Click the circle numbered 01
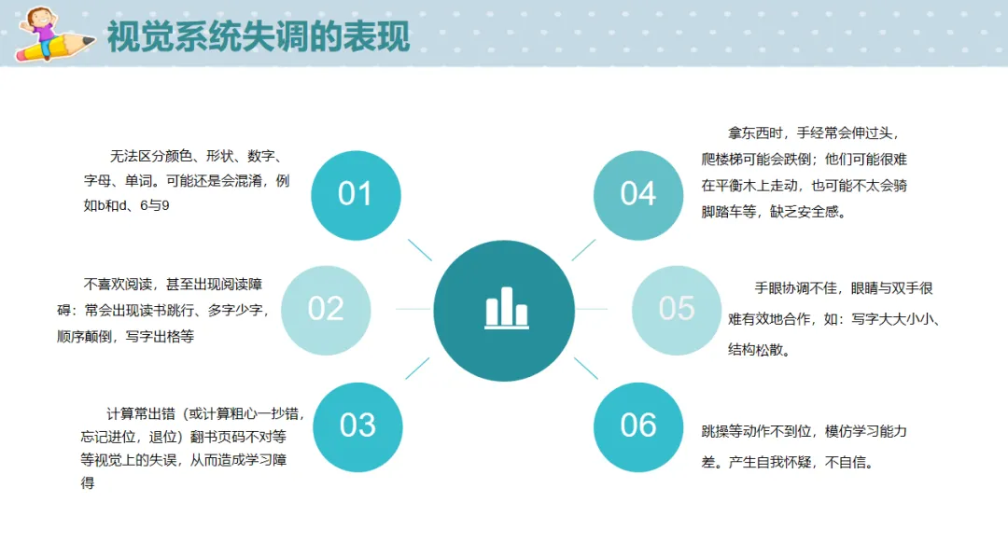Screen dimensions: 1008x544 [x=356, y=195]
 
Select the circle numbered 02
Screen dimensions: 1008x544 [x=326, y=310]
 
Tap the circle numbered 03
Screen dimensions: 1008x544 [x=357, y=427]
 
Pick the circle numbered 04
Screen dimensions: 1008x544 [x=638, y=195]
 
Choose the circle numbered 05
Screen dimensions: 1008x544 [x=677, y=310]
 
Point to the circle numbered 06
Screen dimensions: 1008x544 [x=638, y=427]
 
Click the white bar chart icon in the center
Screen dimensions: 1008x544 [x=507, y=308]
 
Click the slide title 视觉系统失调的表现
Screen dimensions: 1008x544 [x=259, y=36]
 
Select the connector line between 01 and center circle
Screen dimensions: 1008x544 [x=420, y=249]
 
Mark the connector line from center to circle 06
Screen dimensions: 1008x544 [x=585, y=368]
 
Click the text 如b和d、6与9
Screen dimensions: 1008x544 [x=127, y=206]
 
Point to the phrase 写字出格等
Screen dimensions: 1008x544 [x=161, y=336]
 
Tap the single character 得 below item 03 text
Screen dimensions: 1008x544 [x=88, y=483]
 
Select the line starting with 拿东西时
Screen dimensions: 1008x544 [x=813, y=133]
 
